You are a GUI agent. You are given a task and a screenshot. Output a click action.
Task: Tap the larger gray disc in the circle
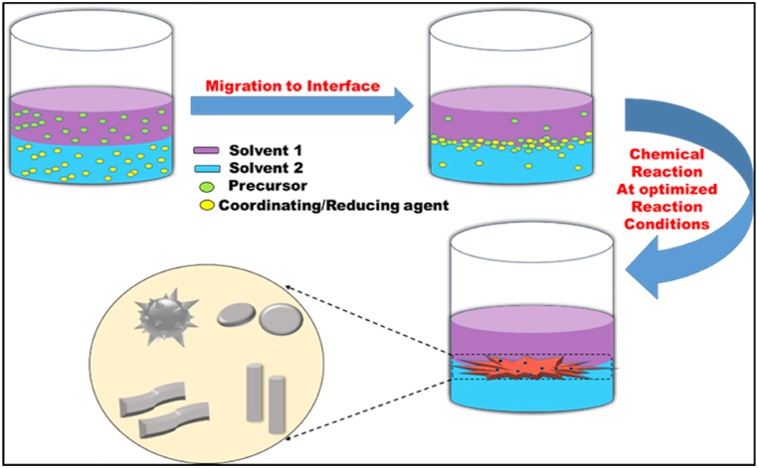pyautogui.click(x=282, y=321)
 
